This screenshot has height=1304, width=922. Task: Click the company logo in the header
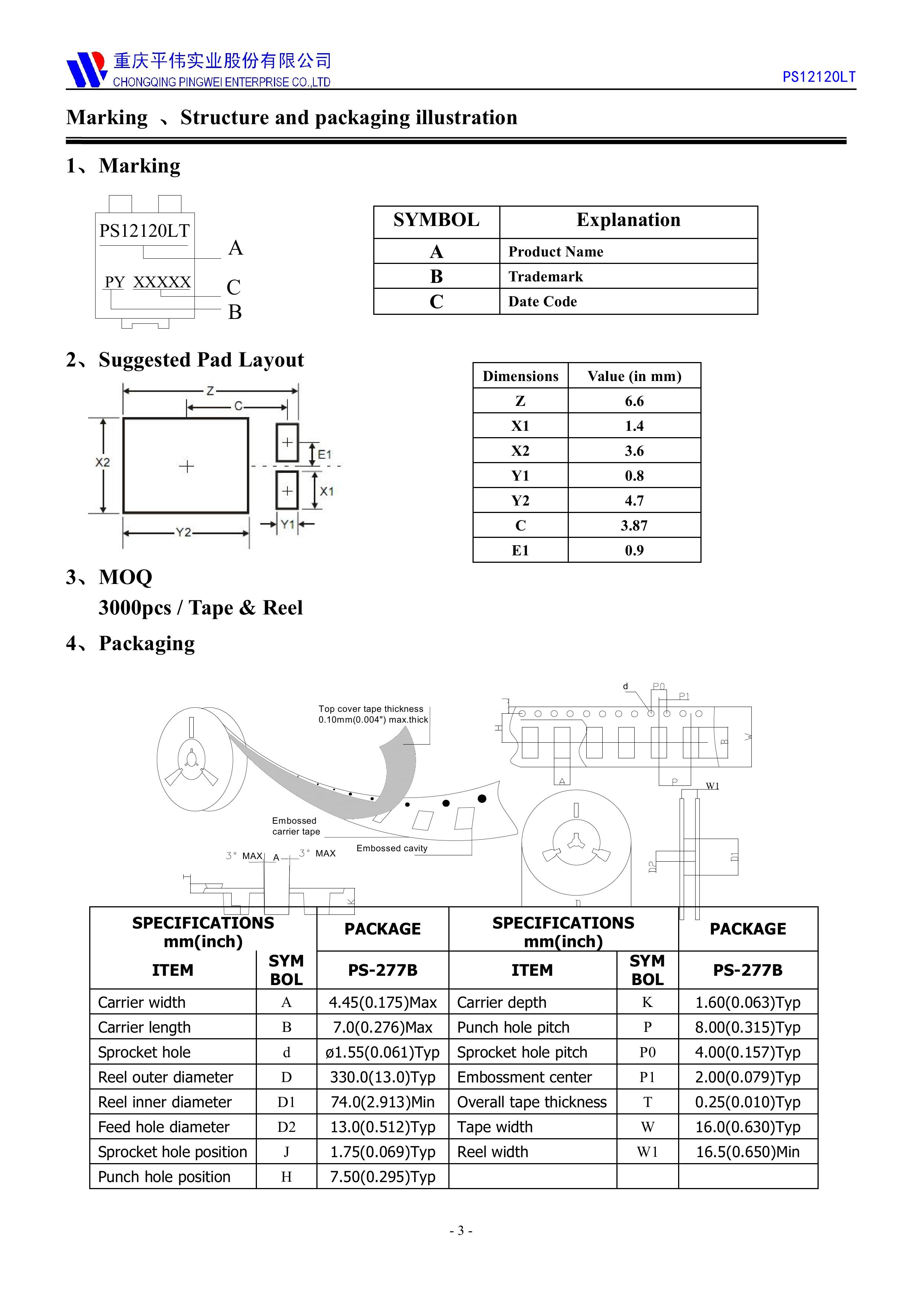coord(86,69)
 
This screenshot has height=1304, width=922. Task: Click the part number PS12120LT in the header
coord(819,77)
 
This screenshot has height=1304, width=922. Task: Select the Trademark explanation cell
coord(545,277)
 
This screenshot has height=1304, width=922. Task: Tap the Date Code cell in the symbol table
coord(542,301)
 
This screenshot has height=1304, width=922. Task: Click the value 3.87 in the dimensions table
coord(634,525)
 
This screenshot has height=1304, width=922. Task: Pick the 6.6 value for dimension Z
coord(634,401)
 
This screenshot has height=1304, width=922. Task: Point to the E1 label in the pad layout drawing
coord(325,454)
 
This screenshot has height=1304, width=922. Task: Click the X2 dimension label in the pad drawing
coord(102,462)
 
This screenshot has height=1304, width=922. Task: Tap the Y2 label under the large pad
coord(183,533)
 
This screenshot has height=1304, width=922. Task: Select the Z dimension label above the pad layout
coord(210,391)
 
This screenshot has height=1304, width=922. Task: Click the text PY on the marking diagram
coord(115,282)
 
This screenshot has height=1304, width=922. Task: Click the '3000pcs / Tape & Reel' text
coord(200,608)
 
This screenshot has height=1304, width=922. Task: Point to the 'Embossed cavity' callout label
coord(392,848)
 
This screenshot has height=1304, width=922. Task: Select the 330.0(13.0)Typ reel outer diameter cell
coord(382,1077)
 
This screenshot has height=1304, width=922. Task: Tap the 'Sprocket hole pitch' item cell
coord(522,1052)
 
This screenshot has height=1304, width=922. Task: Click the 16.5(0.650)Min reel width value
coord(748,1152)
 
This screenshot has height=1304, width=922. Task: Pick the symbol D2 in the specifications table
coord(286,1127)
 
